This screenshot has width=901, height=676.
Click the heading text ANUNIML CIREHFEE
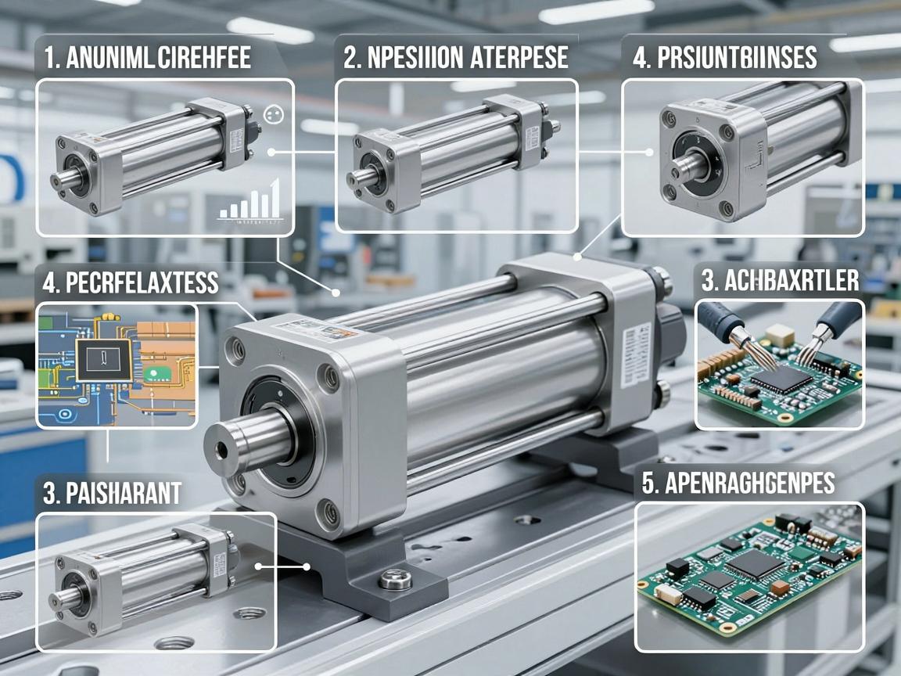pyautogui.click(x=147, y=58)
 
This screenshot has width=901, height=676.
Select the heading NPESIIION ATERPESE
pyautogui.click(x=456, y=58)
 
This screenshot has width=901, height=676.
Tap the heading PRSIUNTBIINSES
pyautogui.click(x=724, y=58)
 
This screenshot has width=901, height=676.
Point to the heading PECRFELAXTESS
pyautogui.click(x=131, y=282)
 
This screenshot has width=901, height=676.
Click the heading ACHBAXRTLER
pyautogui.click(x=781, y=281)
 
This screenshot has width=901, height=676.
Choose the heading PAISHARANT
pyautogui.click(x=113, y=493)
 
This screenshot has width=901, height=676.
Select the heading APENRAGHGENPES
pyautogui.click(x=738, y=484)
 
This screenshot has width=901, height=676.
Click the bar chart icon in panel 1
pyautogui.click(x=250, y=200)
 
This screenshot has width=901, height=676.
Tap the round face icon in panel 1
pyautogui.click(x=274, y=114)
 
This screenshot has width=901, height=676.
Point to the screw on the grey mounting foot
pyautogui.click(x=395, y=579)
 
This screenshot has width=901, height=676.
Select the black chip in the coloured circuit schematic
pyautogui.click(x=103, y=361)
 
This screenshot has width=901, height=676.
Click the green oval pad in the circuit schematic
pyautogui.click(x=155, y=375)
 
